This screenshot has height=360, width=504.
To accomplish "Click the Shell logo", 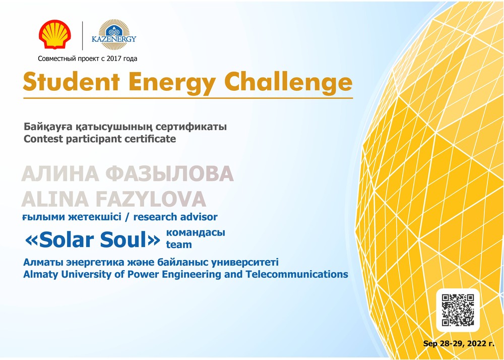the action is click(x=55, y=35).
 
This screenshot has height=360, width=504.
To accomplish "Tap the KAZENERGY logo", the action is click(x=114, y=35).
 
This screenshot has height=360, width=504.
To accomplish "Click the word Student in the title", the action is click(x=71, y=82).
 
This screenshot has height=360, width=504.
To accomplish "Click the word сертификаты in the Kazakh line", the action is click(x=191, y=127).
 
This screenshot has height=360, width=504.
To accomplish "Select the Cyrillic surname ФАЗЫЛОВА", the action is click(x=169, y=174).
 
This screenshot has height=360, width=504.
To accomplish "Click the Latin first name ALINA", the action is click(x=55, y=199).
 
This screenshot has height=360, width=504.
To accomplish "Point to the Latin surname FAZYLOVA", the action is click(x=151, y=199).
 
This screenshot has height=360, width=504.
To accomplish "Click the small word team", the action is click(x=179, y=245).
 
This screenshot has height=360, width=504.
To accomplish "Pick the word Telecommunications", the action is click(x=297, y=274).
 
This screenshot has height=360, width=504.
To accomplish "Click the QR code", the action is click(x=458, y=310).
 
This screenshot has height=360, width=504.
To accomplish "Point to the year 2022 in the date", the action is click(x=477, y=343).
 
